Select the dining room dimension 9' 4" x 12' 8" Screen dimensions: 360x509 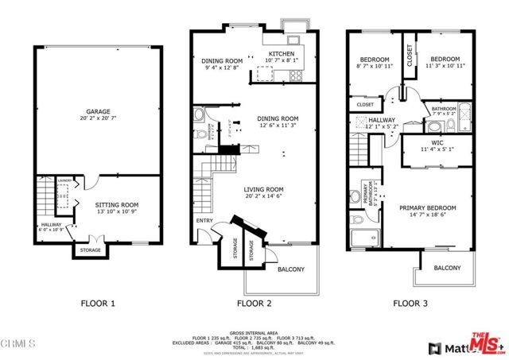[220, 68]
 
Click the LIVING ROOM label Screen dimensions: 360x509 [262, 189]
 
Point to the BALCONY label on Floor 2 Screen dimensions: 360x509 [290, 269]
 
